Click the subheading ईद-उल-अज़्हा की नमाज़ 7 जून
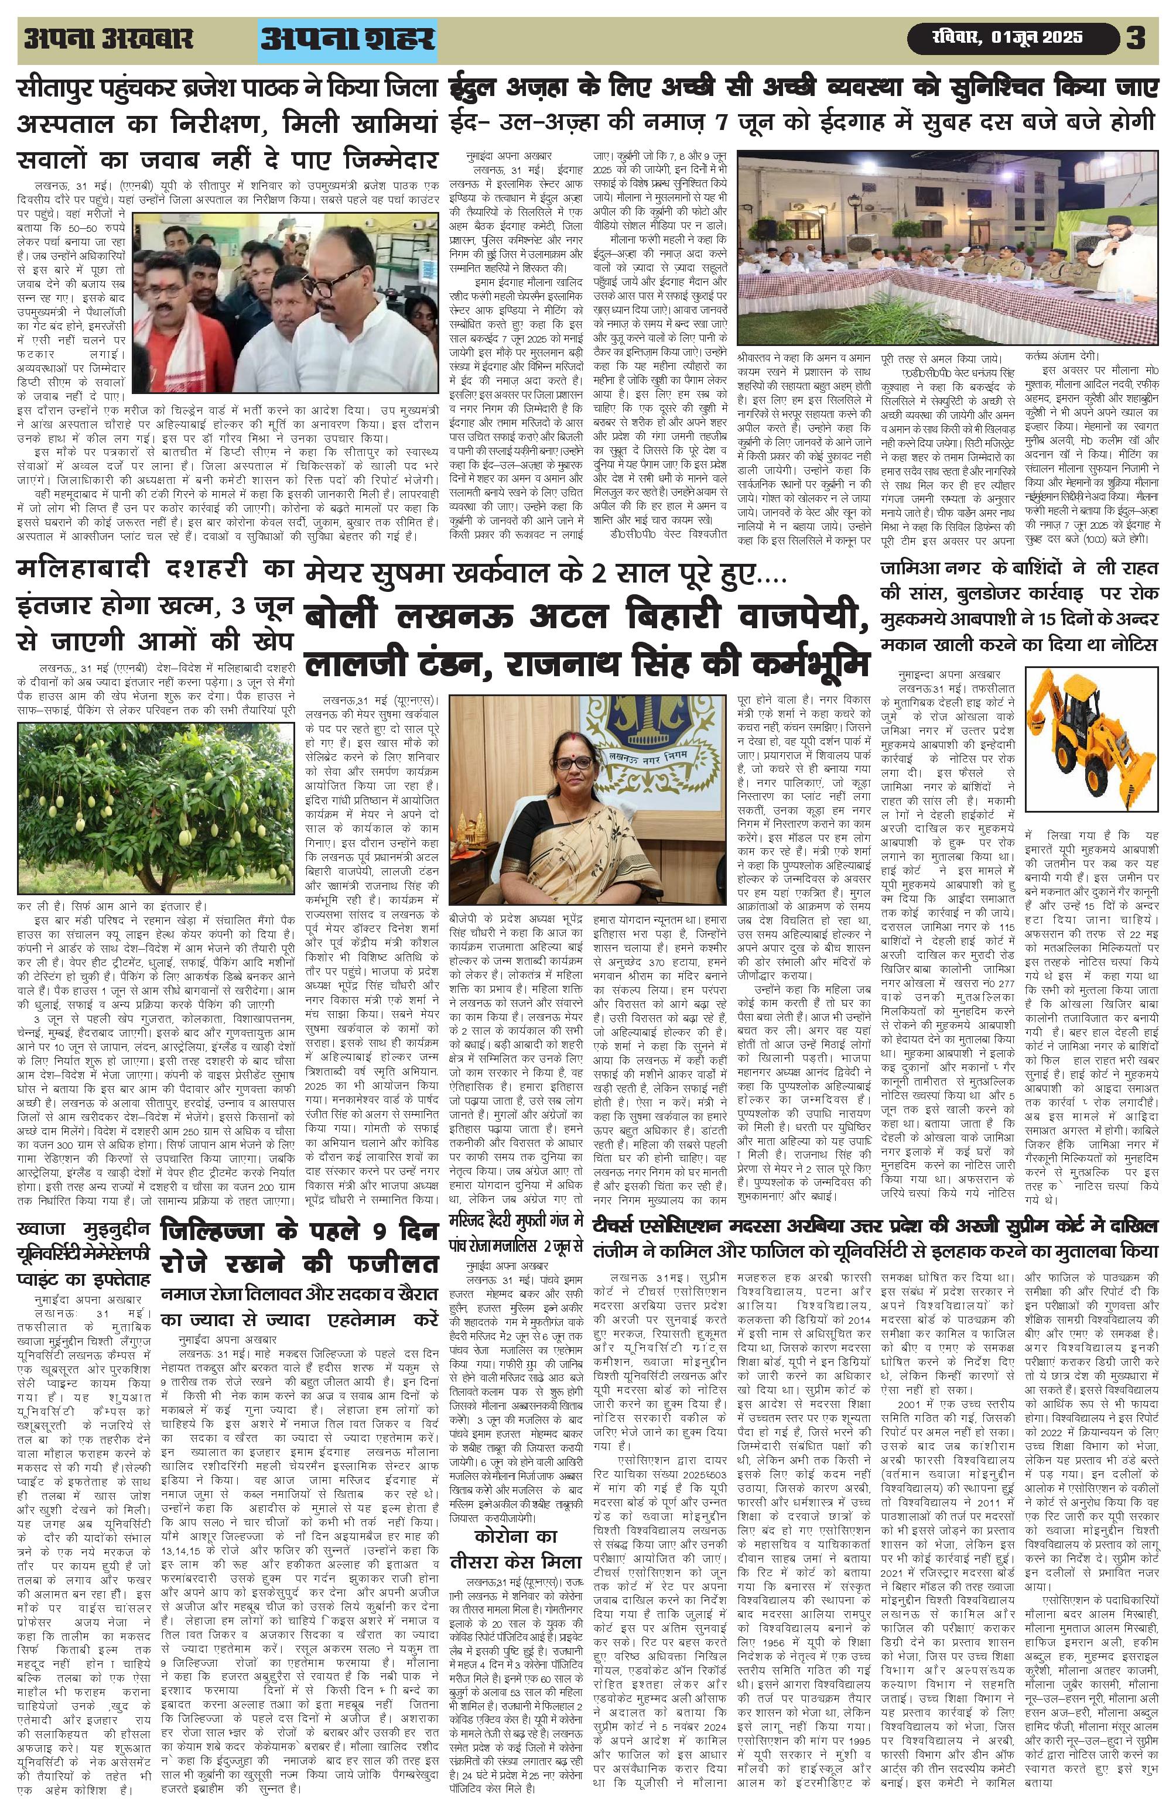click(x=801, y=123)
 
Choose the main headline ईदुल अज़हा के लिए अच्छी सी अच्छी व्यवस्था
click(x=801, y=88)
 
